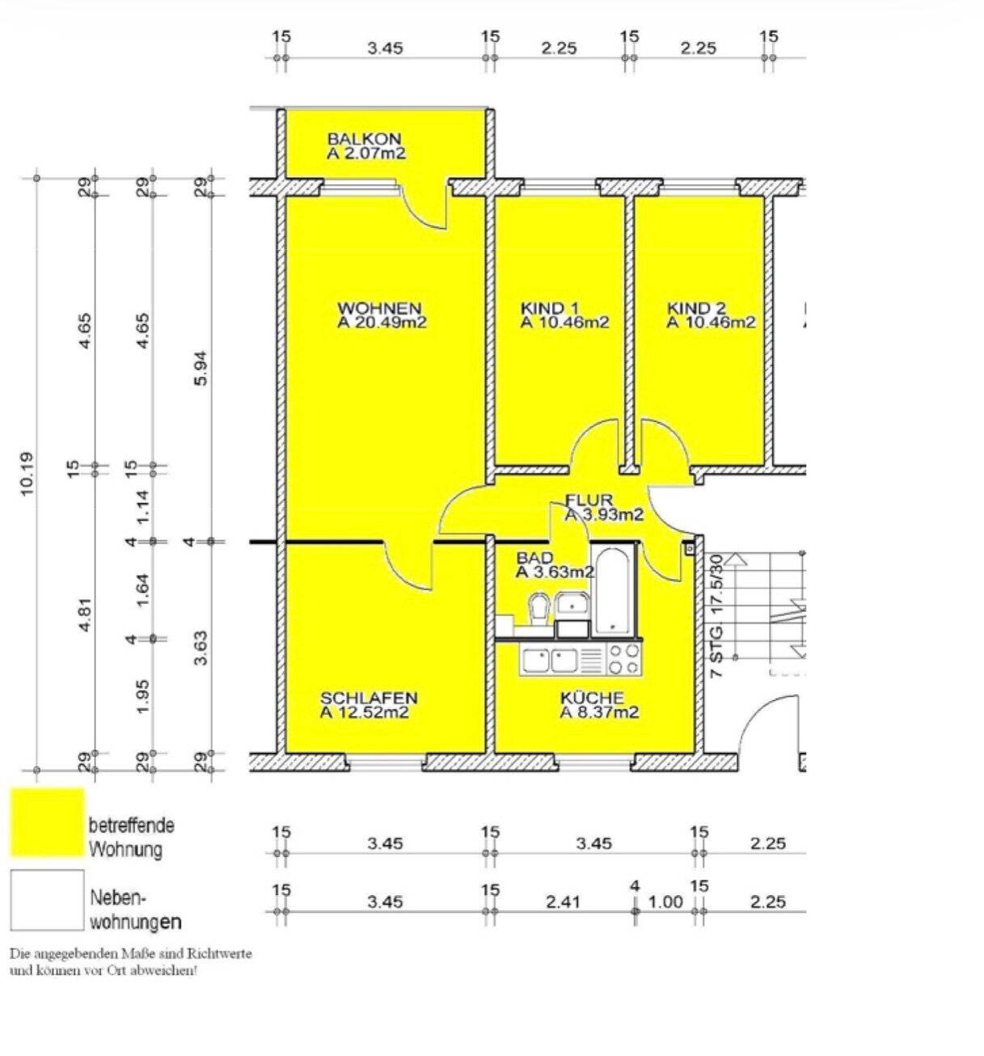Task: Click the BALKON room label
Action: click(364, 139)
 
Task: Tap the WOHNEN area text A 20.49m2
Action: click(382, 323)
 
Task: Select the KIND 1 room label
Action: click(549, 308)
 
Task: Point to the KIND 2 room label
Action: click(696, 308)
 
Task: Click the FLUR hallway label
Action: click(589, 500)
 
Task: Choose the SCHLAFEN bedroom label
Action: click(369, 698)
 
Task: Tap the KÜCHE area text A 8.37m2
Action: click(599, 712)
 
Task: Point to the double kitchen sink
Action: click(550, 660)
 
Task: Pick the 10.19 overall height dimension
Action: click(27, 473)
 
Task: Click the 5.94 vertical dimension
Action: click(201, 368)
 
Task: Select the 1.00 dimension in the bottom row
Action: click(666, 902)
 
